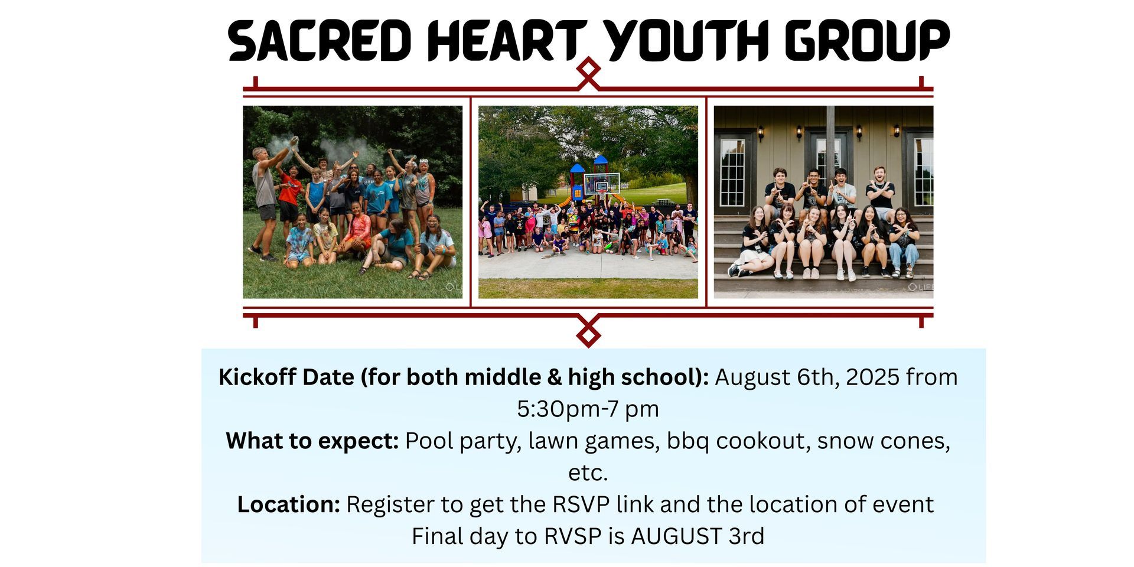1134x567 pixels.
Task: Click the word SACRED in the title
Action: pos(320,41)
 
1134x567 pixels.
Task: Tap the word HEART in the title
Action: pos(507,41)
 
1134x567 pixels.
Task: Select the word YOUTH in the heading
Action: pos(686,41)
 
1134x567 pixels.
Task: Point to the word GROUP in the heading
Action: pos(866,41)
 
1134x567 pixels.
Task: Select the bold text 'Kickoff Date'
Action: pos(286,377)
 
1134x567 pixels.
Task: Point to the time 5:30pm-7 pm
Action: pos(588,409)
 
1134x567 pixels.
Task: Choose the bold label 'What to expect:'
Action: pos(312,441)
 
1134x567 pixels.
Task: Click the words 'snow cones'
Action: pos(881,441)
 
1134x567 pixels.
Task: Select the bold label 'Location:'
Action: pos(289,504)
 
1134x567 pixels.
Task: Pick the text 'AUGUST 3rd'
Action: pos(698,536)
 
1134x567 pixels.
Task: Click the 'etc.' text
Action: pos(588,472)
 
